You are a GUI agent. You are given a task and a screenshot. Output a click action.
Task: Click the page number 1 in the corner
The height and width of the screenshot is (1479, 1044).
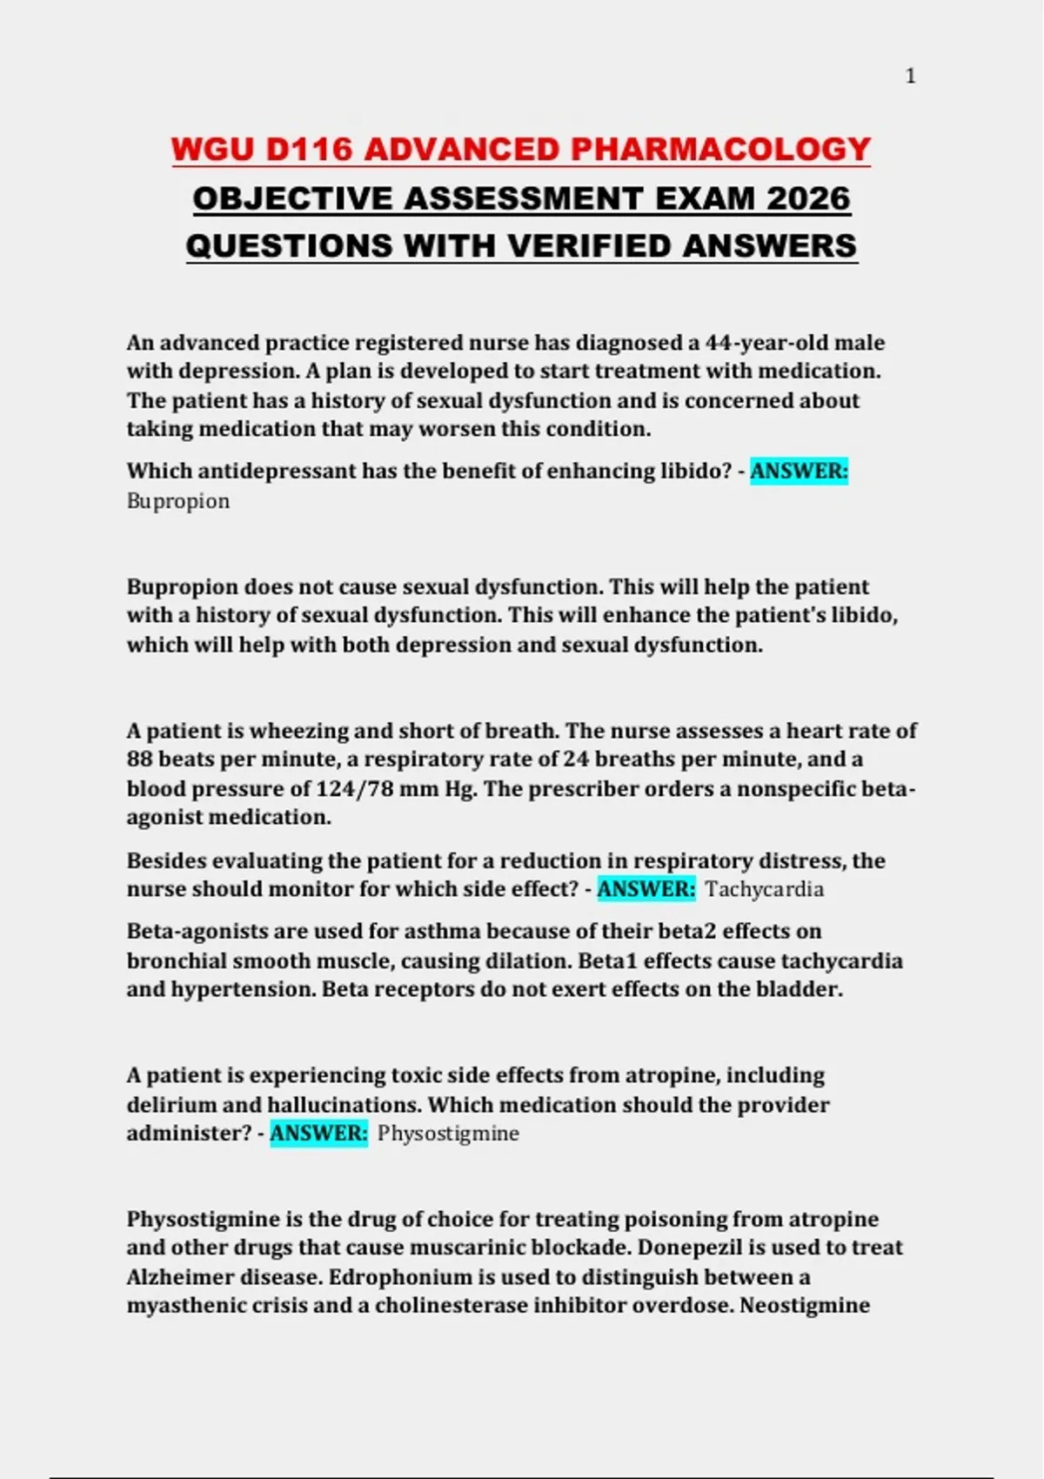coord(910,77)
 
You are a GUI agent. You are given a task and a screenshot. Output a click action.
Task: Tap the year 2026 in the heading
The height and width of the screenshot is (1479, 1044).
coord(808,198)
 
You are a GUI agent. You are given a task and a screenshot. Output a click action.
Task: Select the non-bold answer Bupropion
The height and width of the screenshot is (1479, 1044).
coord(178,501)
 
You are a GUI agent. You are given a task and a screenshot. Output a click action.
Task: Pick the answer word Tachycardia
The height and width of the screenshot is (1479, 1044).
coord(765,889)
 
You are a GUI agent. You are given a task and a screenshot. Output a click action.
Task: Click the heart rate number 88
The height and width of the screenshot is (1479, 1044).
coord(139,760)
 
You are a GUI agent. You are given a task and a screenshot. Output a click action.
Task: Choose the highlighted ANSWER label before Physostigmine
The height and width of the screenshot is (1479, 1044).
coord(319,1134)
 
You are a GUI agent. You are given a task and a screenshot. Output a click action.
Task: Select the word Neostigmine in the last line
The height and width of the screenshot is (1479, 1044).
coord(805,1306)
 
